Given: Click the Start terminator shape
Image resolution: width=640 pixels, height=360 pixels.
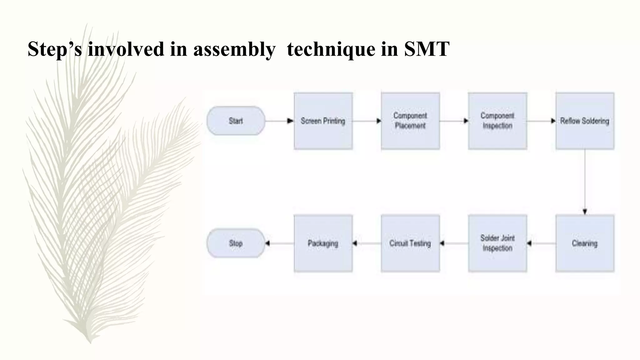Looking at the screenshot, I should click(236, 121).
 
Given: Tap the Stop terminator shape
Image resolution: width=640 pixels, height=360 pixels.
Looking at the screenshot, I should click(236, 243).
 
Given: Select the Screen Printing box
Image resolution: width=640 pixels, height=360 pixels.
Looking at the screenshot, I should click(323, 121).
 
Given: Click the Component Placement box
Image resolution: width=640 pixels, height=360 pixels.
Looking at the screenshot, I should click(410, 121).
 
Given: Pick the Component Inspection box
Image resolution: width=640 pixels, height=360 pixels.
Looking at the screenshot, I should click(497, 121).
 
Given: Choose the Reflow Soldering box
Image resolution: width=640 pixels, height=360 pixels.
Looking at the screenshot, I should click(585, 121).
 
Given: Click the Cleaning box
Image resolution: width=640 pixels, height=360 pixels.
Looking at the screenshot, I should click(585, 243).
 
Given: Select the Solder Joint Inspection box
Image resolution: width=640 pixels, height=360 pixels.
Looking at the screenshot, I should click(497, 243).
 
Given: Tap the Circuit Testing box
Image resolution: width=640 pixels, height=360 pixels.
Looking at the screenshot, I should click(410, 243).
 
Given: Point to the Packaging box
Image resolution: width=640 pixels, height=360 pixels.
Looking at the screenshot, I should click(323, 243).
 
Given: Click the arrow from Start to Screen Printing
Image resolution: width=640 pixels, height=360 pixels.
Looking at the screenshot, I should click(279, 121).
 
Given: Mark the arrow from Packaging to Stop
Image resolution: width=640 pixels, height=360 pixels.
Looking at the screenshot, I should click(279, 243).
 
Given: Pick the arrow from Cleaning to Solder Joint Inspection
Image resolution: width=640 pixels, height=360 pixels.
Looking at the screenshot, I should click(541, 243).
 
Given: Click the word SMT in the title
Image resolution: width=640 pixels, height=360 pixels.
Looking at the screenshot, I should click(427, 49).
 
